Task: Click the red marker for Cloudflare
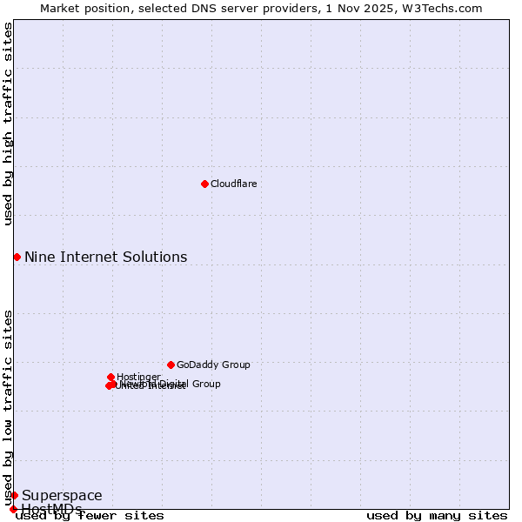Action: tap(204, 184)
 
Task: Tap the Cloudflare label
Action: tap(233, 184)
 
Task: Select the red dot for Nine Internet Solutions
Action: tap(17, 257)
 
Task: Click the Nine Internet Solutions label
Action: tap(105, 257)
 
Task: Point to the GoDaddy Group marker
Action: tap(171, 365)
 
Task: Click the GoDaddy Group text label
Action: tap(213, 365)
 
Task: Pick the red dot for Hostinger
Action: tap(110, 377)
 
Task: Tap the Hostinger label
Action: tap(138, 377)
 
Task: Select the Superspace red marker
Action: tap(14, 495)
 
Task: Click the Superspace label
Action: tap(62, 496)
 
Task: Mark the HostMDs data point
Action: tap(13, 509)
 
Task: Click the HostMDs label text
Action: tap(51, 509)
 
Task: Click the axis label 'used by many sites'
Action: tap(437, 515)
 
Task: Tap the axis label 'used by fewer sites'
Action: tap(90, 515)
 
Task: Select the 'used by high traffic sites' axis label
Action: tap(8, 124)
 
